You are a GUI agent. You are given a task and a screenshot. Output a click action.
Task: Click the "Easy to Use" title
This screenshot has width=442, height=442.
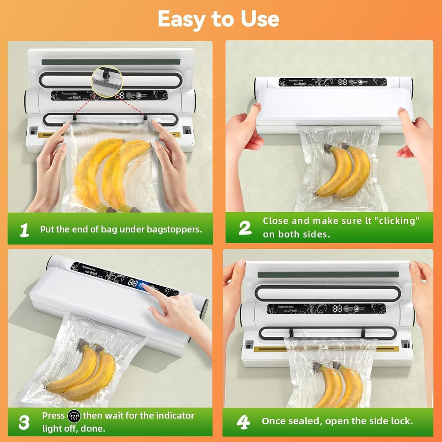click(218, 19)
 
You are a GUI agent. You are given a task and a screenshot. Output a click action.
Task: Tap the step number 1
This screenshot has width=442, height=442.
click(24, 229)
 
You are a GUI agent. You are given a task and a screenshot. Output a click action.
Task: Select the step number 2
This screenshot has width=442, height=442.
click(245, 227)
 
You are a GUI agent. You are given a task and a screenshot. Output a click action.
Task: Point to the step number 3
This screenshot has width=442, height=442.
click(24, 422)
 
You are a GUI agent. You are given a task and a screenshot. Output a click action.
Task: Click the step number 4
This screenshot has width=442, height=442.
click(244, 422)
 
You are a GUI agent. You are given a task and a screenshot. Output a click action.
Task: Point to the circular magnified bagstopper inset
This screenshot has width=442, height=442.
click(106, 80)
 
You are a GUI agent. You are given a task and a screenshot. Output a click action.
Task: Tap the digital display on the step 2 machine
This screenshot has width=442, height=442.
click(342, 82)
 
